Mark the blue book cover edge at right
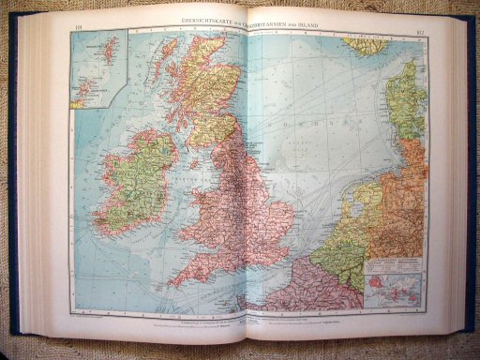pos(467,169)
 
